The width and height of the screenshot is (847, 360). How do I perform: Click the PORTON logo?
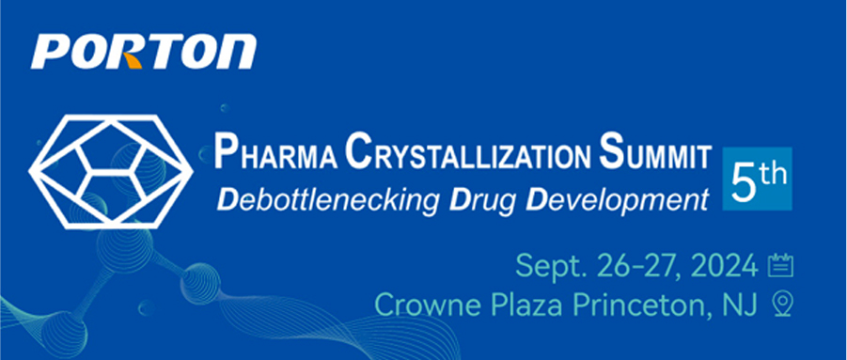[144, 52]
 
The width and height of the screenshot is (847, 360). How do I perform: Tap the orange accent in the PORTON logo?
[133, 60]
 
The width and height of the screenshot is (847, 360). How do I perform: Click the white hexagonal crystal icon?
[111, 172]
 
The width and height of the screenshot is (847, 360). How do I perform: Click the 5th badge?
[757, 179]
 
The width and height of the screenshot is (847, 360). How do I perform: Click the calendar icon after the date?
[780, 266]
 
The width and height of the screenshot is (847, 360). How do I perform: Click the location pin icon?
[783, 305]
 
